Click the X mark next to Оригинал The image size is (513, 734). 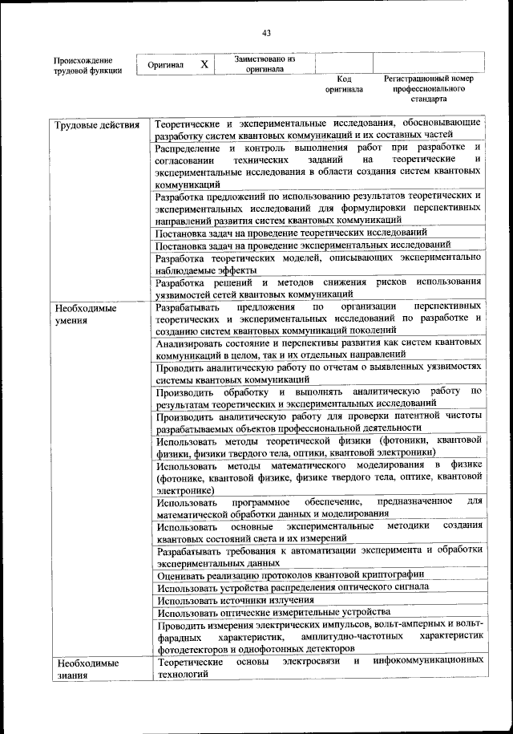click(x=204, y=64)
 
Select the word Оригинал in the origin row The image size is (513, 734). click(x=166, y=65)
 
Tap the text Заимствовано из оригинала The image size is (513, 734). click(x=265, y=64)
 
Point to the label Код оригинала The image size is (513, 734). click(x=344, y=84)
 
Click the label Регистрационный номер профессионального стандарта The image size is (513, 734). click(x=429, y=89)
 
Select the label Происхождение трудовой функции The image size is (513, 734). click(x=87, y=65)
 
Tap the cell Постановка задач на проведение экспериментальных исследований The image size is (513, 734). click(x=303, y=245)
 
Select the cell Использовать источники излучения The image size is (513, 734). click(x=235, y=599)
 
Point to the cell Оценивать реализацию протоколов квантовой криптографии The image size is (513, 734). click(x=290, y=574)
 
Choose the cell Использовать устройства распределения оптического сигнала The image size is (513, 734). click(x=293, y=586)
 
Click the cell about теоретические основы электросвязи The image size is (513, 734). click(x=319, y=667)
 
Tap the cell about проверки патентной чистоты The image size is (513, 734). click(x=319, y=422)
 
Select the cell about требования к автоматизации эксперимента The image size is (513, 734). click(x=319, y=555)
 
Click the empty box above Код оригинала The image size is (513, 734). click(x=344, y=63)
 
